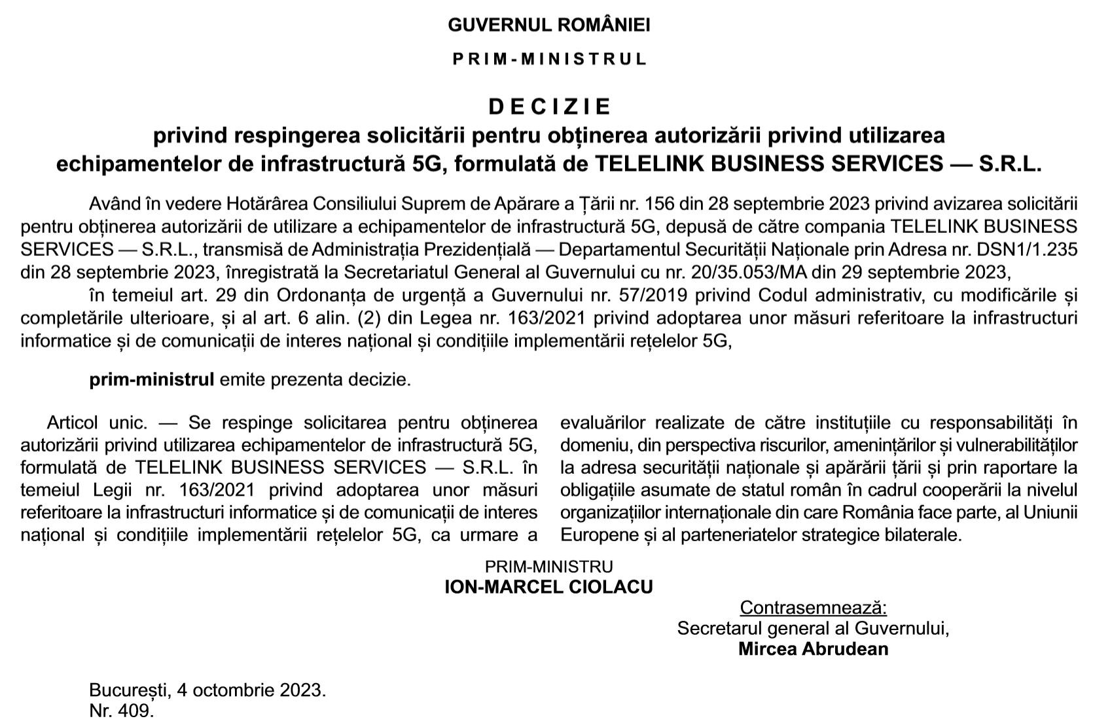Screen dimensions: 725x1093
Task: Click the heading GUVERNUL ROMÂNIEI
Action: pos(548,26)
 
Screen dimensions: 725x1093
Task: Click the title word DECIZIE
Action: pos(550,106)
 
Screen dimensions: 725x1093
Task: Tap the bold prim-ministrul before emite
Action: pos(152,380)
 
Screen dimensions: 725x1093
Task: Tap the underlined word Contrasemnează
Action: pos(813,608)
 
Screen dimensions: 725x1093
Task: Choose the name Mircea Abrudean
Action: pos(813,648)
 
